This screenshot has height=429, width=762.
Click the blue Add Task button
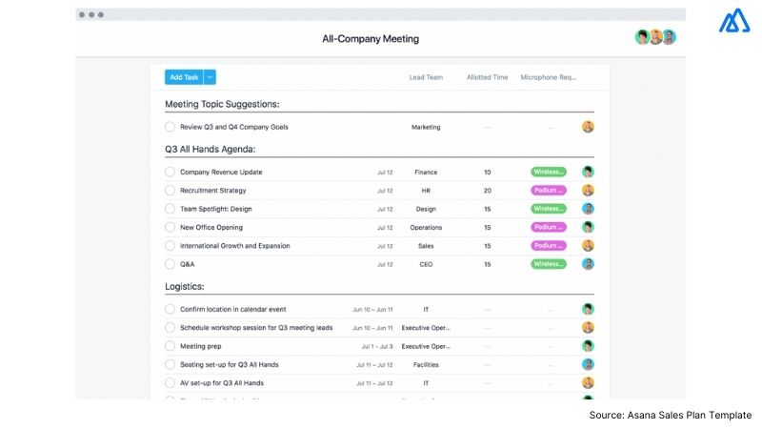click(x=184, y=77)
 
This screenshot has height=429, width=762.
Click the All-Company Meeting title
click(x=371, y=39)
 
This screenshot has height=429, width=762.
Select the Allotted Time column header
click(x=487, y=77)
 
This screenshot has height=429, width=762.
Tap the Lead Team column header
click(x=425, y=77)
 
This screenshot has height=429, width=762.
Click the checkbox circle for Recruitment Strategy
click(x=170, y=191)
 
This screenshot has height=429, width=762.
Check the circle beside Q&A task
click(x=170, y=264)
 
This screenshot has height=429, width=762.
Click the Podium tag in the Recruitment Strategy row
click(x=548, y=191)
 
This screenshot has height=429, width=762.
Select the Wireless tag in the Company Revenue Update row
click(x=548, y=173)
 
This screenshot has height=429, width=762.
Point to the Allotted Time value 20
click(x=487, y=191)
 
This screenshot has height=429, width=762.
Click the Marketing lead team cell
click(x=426, y=127)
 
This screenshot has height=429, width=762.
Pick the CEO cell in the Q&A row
click(x=426, y=264)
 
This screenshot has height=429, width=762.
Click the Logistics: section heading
click(x=185, y=286)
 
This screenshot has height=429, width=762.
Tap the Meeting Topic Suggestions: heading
click(x=222, y=104)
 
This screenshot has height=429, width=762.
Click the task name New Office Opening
click(x=211, y=228)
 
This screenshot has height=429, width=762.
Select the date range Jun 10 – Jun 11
click(x=372, y=310)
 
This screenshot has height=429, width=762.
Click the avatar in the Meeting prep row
click(x=588, y=346)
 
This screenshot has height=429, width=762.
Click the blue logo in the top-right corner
click(x=734, y=22)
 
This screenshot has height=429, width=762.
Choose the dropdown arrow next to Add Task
click(x=211, y=77)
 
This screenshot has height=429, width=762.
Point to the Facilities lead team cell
click(x=426, y=365)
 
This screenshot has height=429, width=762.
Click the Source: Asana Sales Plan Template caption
click(x=671, y=415)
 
